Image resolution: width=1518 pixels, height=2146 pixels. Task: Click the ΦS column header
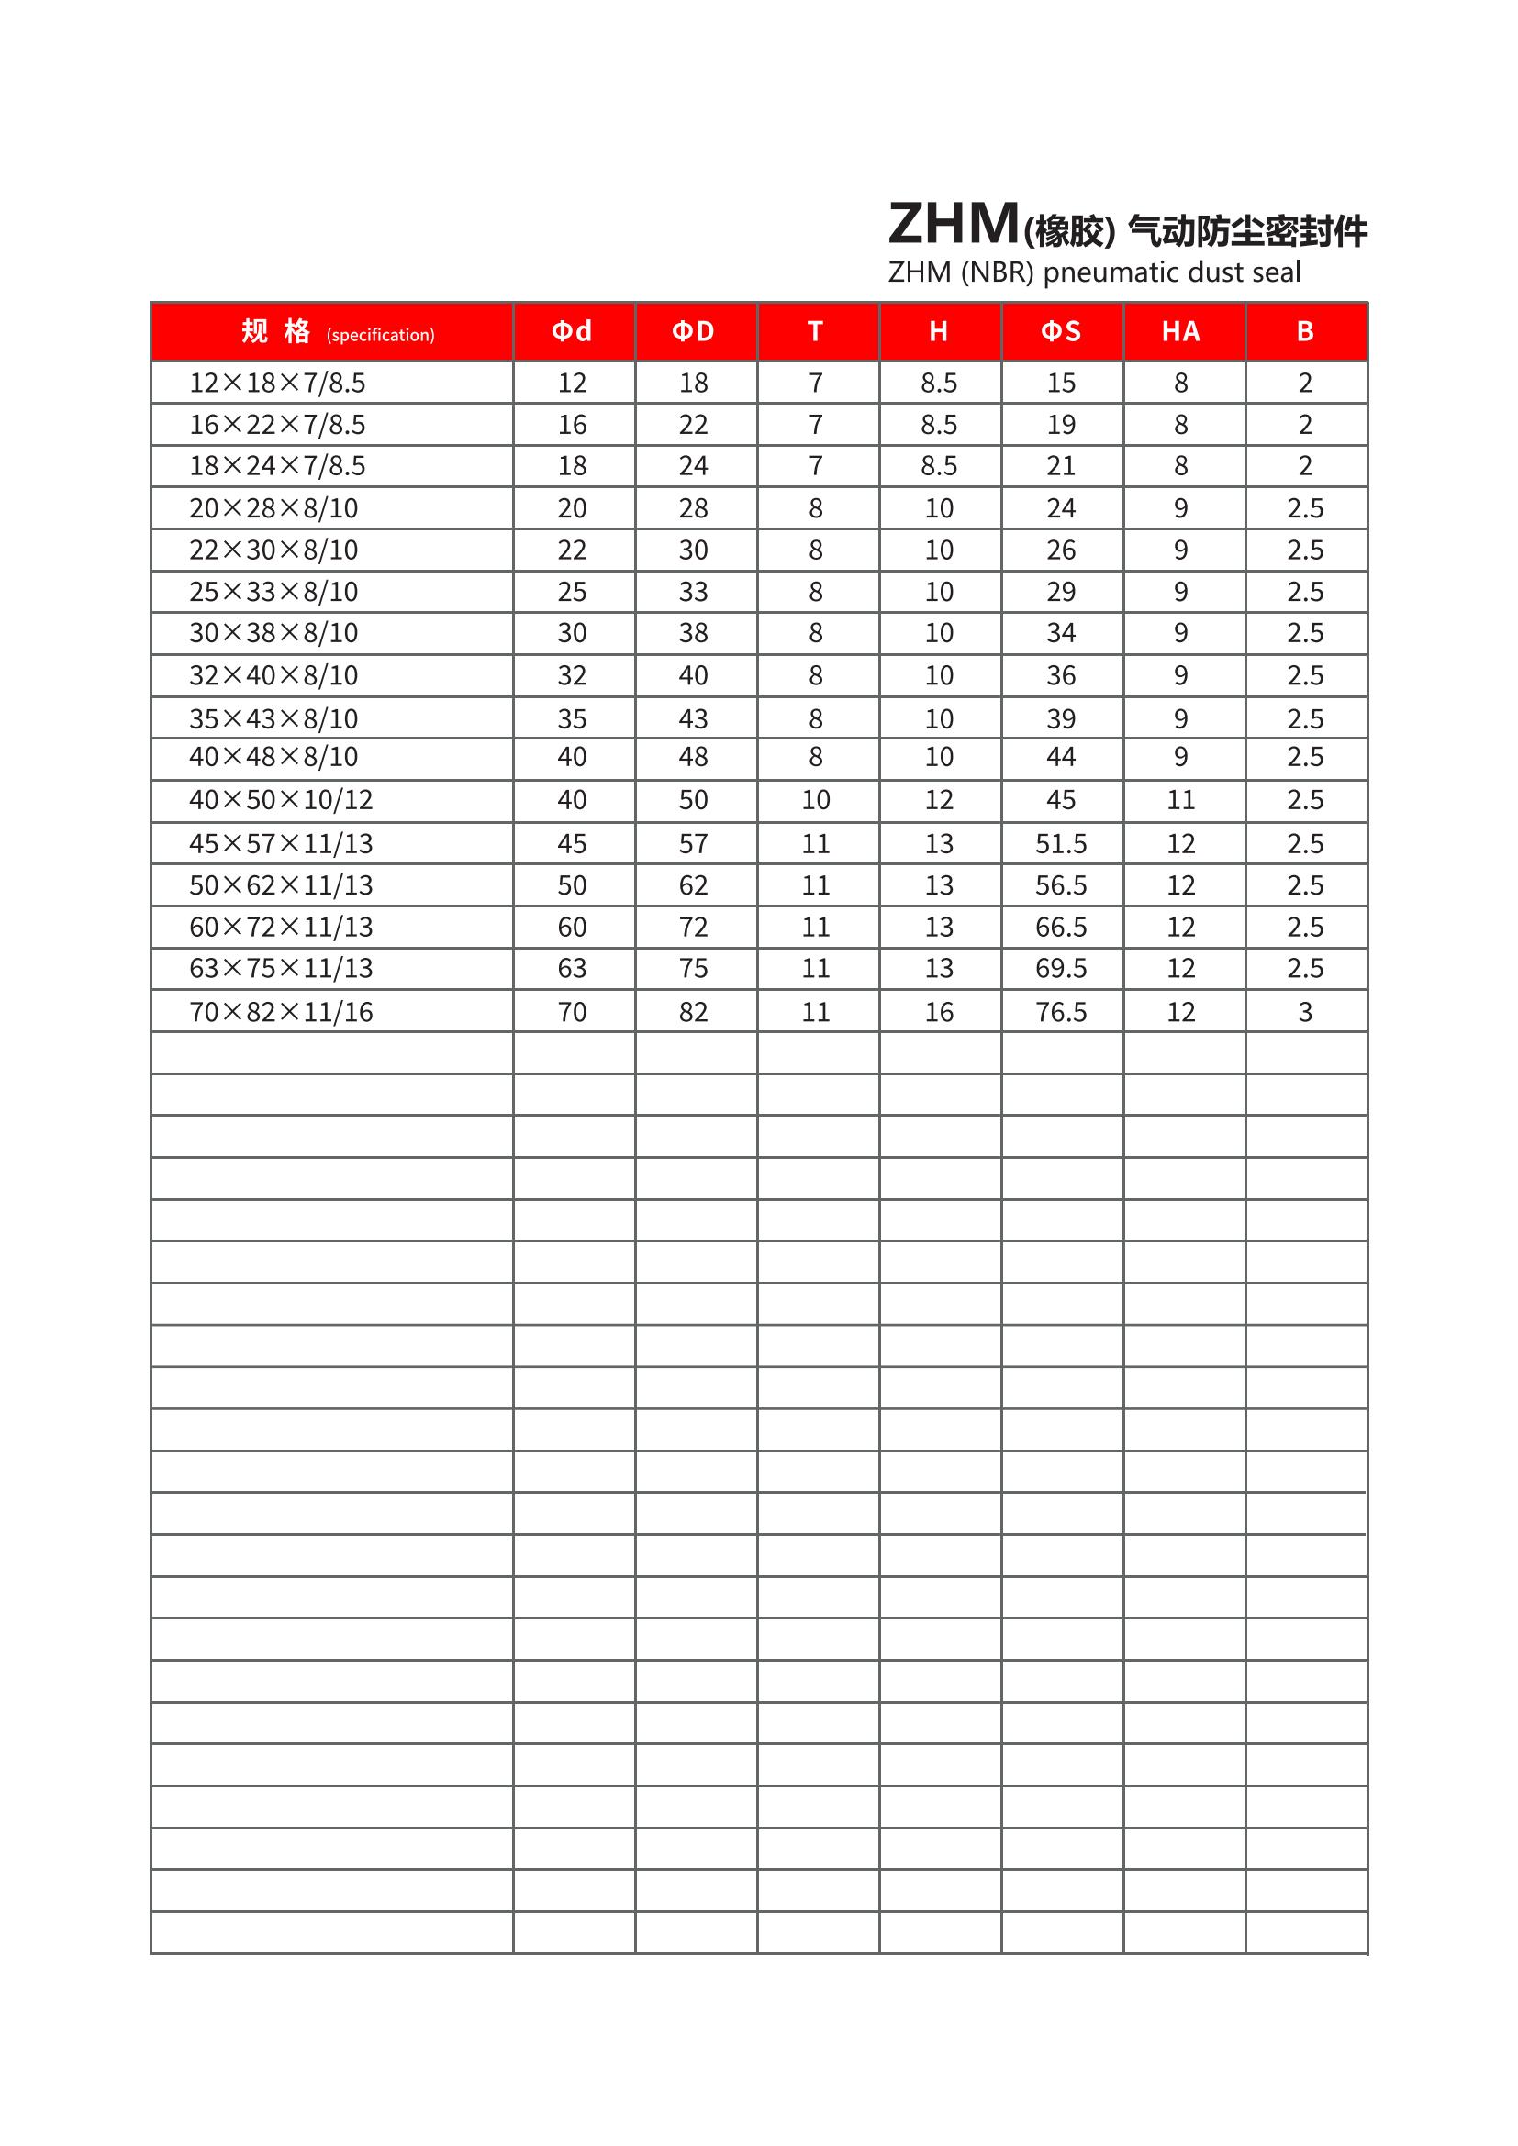[x=1061, y=331]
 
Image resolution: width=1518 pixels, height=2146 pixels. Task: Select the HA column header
[x=1180, y=331]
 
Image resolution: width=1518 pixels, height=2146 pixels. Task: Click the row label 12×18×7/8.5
[x=277, y=384]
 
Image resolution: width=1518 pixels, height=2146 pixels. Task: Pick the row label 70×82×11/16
[x=282, y=1012]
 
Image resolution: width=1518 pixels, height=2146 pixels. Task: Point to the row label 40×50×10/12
[x=282, y=800]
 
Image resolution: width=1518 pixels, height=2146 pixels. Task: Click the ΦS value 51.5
[x=1061, y=844]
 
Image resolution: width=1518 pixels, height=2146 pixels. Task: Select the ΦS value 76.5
[x=1061, y=1012]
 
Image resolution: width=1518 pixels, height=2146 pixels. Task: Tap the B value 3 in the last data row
[x=1305, y=1012]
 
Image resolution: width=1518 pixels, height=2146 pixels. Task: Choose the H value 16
[x=939, y=1012]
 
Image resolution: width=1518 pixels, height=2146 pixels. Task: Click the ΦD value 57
[x=694, y=844]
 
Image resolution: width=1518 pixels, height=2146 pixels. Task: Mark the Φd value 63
[x=572, y=968]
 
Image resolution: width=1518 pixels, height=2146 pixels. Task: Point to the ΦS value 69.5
[x=1061, y=968]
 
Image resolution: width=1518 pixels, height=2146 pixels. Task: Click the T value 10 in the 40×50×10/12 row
[x=815, y=800]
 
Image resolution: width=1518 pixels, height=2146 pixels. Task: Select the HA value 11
[x=1180, y=800]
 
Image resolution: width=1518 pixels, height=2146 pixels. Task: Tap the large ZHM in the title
[x=953, y=224]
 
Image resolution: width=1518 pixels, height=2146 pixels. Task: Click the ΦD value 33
[x=694, y=592]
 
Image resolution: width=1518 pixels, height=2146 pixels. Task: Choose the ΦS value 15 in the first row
[x=1061, y=384]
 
